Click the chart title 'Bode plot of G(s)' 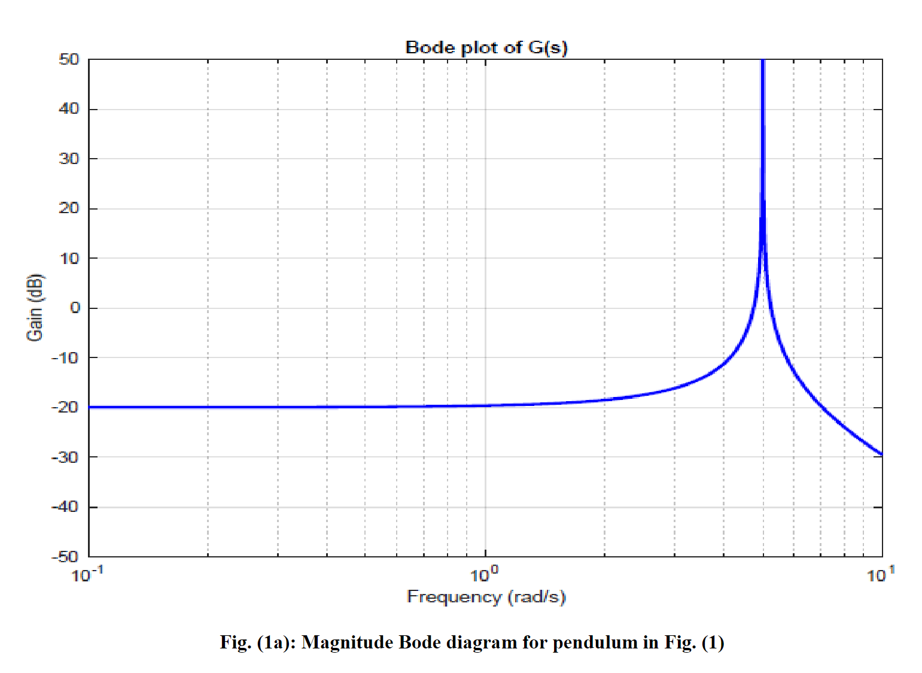click(486, 47)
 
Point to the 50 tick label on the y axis click(69, 59)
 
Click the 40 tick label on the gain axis click(69, 109)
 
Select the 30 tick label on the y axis click(69, 159)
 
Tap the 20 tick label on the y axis click(69, 208)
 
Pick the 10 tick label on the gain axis click(69, 258)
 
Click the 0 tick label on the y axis click(75, 308)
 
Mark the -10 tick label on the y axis click(65, 358)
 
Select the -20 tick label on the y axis click(65, 408)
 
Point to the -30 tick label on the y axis click(65, 457)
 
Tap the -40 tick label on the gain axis click(65, 507)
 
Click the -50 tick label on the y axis click(65, 557)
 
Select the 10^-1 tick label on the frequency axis click(87, 575)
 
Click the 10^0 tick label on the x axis click(484, 575)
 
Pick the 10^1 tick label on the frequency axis click(881, 575)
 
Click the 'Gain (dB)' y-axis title click(35, 307)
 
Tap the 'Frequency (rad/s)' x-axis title click(486, 597)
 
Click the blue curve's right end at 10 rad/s click(881, 454)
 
